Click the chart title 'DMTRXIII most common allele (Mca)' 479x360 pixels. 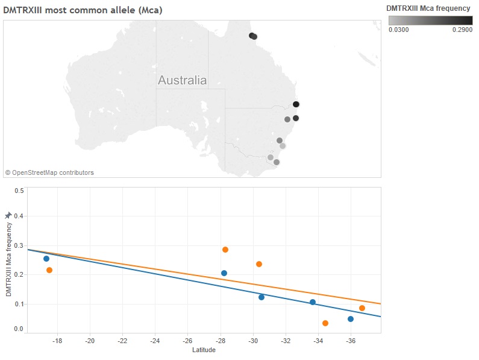tap(83, 10)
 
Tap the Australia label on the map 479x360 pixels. tap(182, 80)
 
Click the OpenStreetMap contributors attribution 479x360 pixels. tap(49, 172)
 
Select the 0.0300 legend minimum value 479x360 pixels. tap(398, 29)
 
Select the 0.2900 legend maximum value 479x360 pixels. tap(462, 29)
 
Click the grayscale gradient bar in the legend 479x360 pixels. tap(430, 20)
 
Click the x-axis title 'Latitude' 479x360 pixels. tap(204, 350)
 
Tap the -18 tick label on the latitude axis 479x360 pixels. tap(57, 341)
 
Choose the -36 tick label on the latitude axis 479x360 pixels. tap(350, 341)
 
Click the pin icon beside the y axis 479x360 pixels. tap(8, 215)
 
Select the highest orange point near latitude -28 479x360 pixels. tap(225, 250)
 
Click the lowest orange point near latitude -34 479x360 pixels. tap(325, 323)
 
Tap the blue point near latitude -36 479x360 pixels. tap(351, 319)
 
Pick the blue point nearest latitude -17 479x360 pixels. tap(46, 259)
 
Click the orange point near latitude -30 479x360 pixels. tap(259, 264)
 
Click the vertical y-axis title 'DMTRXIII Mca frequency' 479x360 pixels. tap(8, 259)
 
